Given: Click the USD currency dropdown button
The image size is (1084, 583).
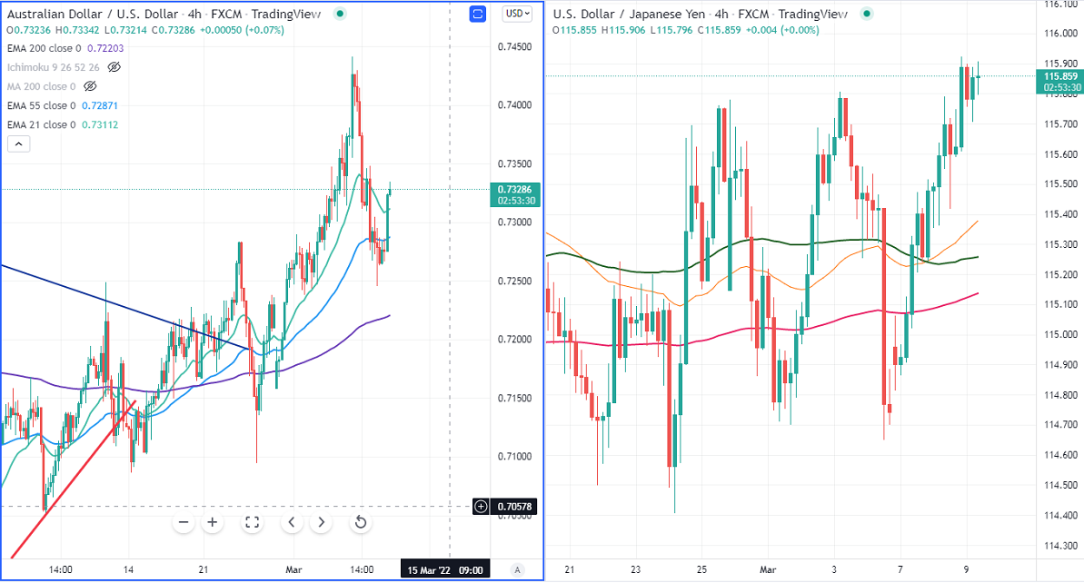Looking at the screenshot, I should point(518,14).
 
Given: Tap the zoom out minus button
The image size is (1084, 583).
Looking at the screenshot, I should point(184,522).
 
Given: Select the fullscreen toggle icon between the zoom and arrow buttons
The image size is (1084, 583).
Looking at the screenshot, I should point(252,522).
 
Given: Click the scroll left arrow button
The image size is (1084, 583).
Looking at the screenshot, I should point(292,522).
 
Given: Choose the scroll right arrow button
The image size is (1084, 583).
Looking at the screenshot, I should point(321,522).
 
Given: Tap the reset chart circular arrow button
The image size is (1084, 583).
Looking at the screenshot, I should point(361,522).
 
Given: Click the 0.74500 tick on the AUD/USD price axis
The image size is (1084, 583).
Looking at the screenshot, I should point(513,46).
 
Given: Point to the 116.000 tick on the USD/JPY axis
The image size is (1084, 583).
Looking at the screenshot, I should point(1059,34).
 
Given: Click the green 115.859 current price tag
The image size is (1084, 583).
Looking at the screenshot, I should point(1059,77).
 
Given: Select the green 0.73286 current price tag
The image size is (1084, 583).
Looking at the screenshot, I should point(515,190).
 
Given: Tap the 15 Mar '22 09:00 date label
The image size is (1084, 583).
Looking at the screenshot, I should point(444,570).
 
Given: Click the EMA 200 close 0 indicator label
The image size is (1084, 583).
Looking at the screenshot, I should point(44,48).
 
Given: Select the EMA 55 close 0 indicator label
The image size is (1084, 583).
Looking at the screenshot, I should point(41,105).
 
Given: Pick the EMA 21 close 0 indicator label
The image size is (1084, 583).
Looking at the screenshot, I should point(41,124).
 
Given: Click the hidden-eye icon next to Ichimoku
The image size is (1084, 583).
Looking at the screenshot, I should point(114,67).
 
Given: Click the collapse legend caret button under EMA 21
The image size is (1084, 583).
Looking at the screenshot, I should point(18,143).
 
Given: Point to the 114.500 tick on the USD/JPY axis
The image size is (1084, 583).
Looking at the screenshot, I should point(1059,485).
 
